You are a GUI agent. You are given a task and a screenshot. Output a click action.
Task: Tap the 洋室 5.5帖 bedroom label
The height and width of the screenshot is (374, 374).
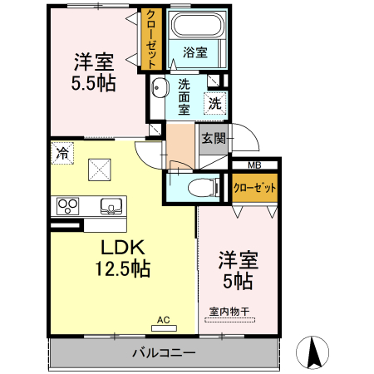[93, 71]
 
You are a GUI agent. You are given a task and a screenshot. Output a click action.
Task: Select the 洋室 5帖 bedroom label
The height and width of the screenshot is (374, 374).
[238, 270]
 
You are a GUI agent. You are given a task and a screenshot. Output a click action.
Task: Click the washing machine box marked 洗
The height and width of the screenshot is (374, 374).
[214, 104]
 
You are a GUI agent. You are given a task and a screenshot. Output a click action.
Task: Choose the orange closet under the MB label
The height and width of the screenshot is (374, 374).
[253, 188]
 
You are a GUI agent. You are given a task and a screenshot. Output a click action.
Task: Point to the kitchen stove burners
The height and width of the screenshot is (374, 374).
[67, 205]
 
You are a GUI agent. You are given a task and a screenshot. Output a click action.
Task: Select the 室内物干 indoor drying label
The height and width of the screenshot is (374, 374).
[229, 312]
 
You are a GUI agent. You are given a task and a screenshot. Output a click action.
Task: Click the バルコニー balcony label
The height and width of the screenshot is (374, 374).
[164, 352]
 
